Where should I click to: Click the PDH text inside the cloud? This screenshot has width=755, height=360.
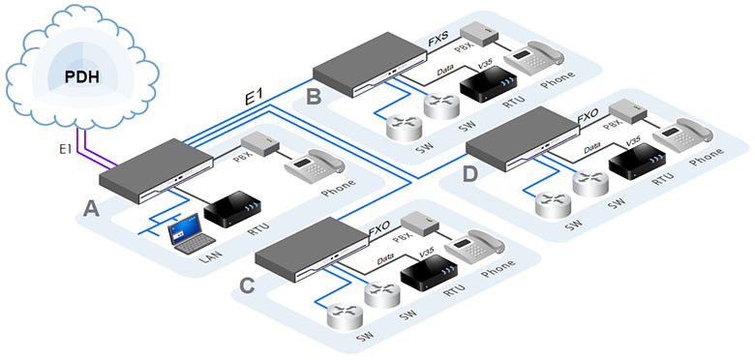83,77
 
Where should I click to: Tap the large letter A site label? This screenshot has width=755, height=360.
92,209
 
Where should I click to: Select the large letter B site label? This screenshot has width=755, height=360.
313,97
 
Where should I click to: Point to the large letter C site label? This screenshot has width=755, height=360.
247,285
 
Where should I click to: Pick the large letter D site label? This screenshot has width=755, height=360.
469,174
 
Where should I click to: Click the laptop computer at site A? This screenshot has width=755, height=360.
190,233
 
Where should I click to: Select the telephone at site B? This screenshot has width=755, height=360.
533,58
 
